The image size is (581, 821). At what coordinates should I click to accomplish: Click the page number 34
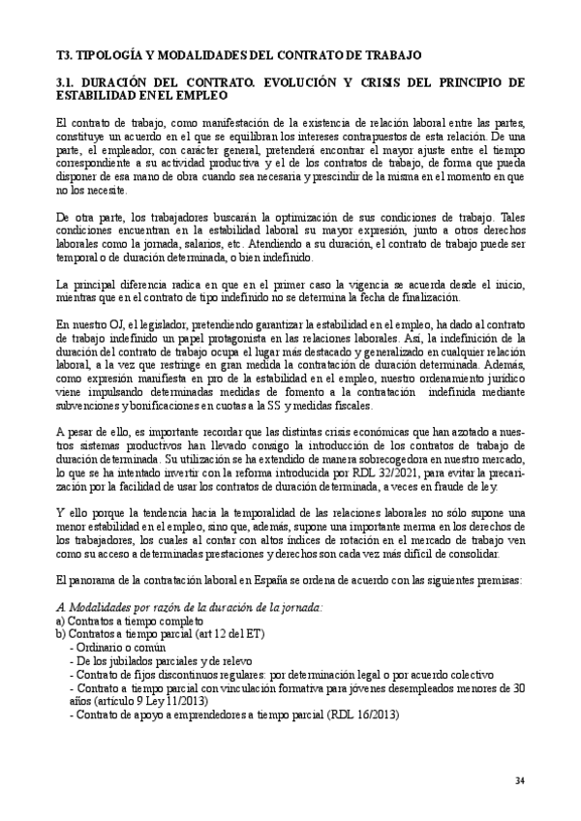[520, 781]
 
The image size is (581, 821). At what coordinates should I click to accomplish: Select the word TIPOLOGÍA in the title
[119, 55]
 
